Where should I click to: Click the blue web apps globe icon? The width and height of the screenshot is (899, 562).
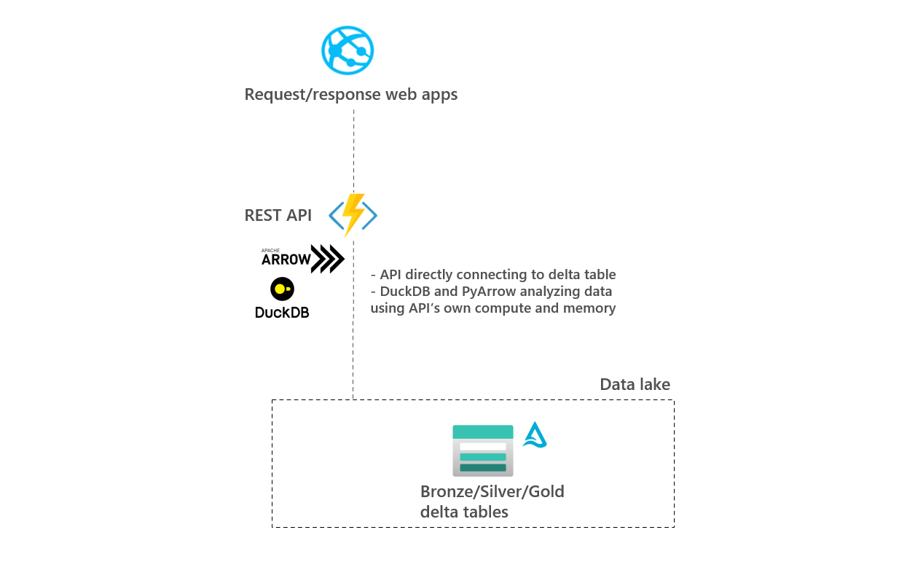click(x=348, y=50)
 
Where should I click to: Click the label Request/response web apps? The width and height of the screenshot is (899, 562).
click(x=350, y=95)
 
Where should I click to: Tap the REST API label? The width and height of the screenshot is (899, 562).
click(x=278, y=215)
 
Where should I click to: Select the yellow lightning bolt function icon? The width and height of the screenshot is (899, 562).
click(x=353, y=214)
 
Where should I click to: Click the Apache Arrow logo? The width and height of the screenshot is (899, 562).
click(x=302, y=259)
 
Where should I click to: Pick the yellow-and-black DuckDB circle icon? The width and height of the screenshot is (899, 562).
click(x=282, y=289)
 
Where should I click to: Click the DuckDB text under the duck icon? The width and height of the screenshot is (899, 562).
click(x=282, y=312)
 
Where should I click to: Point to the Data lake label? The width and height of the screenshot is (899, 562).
click(x=635, y=385)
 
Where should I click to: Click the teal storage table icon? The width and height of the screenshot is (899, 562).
click(x=482, y=450)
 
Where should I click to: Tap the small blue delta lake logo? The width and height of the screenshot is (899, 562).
click(x=535, y=435)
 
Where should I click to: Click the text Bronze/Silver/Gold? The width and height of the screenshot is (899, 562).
click(x=492, y=491)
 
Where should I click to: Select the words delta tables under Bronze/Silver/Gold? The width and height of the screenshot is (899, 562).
click(x=464, y=512)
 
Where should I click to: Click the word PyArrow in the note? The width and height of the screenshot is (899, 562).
click(x=490, y=292)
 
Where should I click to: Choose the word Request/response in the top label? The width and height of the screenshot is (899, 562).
click(x=302, y=95)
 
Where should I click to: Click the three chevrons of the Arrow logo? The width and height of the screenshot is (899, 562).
click(x=327, y=259)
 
